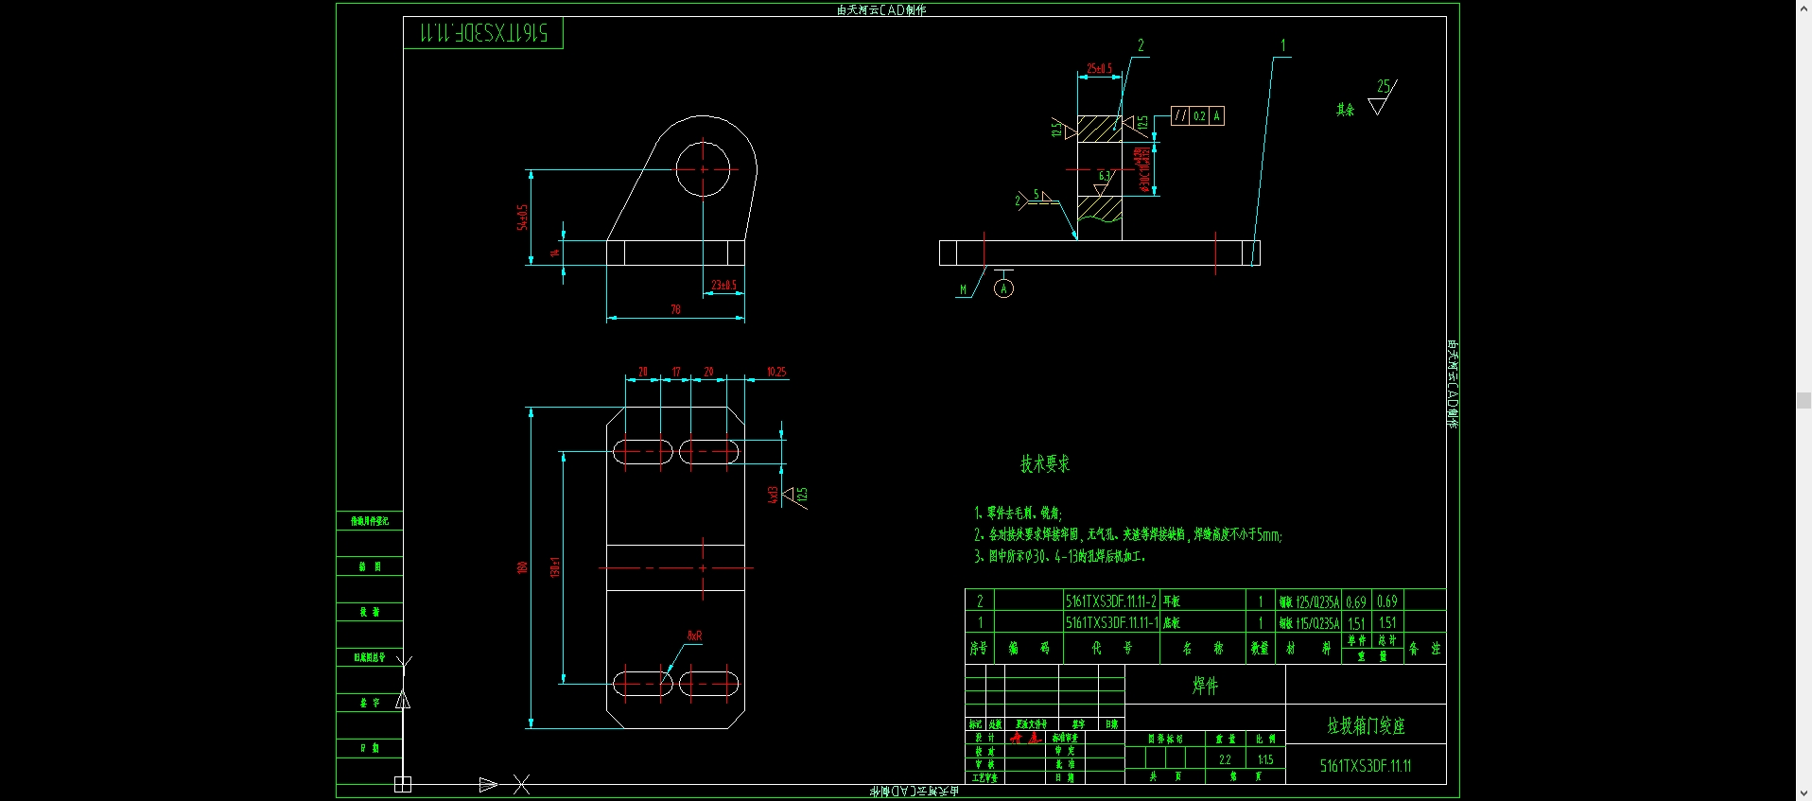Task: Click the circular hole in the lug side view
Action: tap(703, 169)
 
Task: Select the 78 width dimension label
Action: tap(675, 309)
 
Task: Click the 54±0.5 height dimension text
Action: tap(522, 218)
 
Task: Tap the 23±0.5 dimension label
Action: tap(723, 285)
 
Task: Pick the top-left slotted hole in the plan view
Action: tap(642, 451)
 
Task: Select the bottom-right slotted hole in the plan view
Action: tap(708, 683)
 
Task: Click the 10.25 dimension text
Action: tap(776, 372)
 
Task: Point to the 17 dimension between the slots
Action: tap(676, 372)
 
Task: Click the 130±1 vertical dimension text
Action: tap(555, 567)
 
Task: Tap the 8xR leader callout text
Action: tap(694, 636)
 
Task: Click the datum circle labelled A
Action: tap(1004, 289)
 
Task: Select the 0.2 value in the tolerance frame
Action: tap(1199, 116)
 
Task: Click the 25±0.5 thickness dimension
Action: tap(1099, 68)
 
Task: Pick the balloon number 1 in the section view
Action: tap(1282, 45)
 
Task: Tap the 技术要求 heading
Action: tap(1045, 463)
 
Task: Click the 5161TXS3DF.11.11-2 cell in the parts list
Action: tap(1110, 601)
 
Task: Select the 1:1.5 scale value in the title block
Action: tap(1265, 759)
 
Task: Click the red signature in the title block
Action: tap(1024, 738)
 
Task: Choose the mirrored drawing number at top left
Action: tap(483, 33)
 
